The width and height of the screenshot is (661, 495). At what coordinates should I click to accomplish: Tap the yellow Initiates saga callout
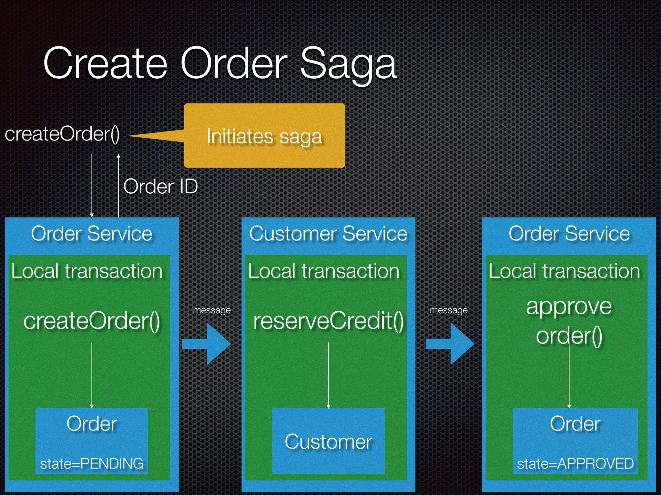pos(264,136)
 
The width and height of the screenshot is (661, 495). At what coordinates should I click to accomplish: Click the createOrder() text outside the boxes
pos(62,134)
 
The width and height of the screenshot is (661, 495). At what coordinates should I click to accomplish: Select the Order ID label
pos(160,186)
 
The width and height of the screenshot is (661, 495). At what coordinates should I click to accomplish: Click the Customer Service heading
pos(328,234)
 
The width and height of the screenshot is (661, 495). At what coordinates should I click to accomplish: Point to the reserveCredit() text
pos(328,321)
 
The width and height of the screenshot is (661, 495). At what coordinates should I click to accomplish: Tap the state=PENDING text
pos(92,463)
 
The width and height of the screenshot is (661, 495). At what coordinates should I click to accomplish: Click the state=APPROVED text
pos(575,463)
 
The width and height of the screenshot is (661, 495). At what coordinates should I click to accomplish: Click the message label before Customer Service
pos(212,310)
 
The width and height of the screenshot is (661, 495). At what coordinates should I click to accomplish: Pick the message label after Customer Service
pos(449,310)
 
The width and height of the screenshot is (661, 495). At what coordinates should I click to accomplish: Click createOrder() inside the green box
pos(92,321)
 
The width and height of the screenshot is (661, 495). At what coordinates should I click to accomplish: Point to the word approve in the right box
pos(569,306)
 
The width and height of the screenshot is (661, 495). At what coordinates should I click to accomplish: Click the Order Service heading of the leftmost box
pos(92,234)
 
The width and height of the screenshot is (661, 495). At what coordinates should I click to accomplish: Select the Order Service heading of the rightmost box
pos(569,234)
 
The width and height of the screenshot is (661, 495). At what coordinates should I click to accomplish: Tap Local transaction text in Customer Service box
pos(324,271)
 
